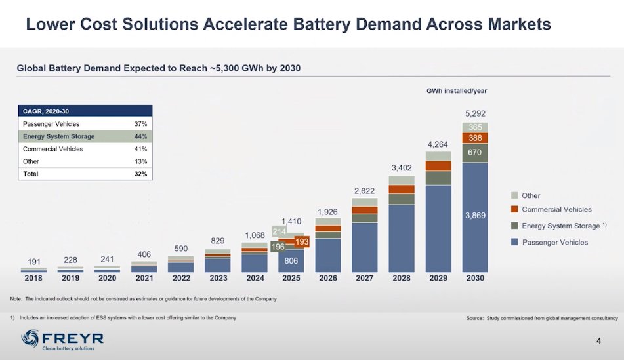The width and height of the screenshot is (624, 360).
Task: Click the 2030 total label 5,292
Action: [x=475, y=113]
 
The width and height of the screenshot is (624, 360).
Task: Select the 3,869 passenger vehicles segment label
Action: [x=475, y=216]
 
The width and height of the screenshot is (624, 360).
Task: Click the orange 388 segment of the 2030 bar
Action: [x=475, y=138]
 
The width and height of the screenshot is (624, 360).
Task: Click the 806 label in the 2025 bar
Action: [x=291, y=260]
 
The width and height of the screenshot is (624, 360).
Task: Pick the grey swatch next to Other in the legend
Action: [x=515, y=196]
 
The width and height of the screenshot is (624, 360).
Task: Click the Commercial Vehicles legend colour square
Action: [x=515, y=210]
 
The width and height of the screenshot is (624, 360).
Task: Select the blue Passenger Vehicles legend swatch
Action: [x=515, y=242]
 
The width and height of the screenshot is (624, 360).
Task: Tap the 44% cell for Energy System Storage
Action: [x=140, y=136]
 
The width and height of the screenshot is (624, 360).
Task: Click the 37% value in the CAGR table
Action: [x=140, y=124]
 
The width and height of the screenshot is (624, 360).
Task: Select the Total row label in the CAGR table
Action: [x=30, y=174]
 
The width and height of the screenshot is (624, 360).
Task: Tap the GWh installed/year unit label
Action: [x=457, y=90]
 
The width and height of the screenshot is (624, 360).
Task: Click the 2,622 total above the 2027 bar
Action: [x=364, y=191]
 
